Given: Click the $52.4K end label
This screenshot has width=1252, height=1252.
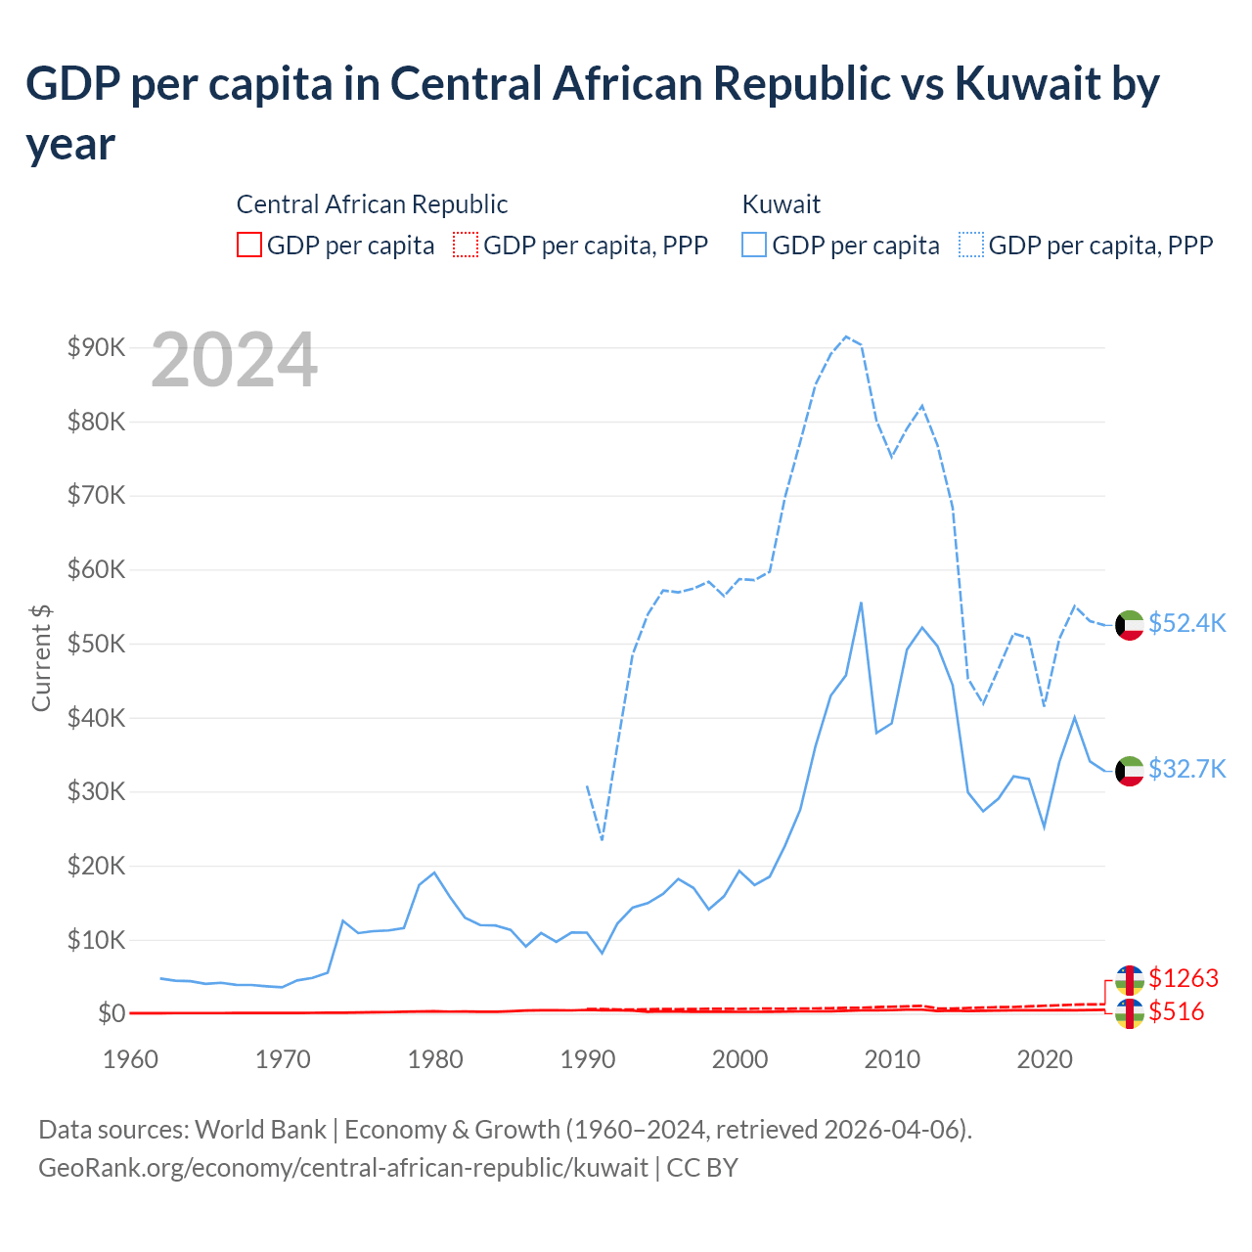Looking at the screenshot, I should point(1186,624).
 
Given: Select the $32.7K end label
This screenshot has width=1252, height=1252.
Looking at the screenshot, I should point(1186,769).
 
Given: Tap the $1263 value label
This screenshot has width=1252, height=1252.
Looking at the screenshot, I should point(1184,978).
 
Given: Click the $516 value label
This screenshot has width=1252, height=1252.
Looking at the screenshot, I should point(1176,1011).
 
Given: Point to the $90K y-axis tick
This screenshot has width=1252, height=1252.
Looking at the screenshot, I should point(96,347).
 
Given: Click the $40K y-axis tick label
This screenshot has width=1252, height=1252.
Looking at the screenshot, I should point(96,718).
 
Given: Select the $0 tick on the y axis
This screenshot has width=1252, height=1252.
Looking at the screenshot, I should point(111,1014).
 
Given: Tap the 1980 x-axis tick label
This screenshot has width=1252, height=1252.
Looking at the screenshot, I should point(435,1059).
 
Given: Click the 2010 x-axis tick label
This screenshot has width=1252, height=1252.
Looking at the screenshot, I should point(892,1059).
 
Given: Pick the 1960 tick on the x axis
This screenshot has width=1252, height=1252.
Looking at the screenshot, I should point(130,1059).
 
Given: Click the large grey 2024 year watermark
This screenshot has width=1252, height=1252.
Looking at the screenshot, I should point(234,361).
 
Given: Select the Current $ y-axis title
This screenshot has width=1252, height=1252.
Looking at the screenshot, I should point(41,657).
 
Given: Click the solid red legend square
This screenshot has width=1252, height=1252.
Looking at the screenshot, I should point(249,245).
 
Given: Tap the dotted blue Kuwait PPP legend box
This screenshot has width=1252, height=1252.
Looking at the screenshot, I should point(971,245).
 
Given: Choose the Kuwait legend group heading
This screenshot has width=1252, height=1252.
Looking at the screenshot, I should point(781,204).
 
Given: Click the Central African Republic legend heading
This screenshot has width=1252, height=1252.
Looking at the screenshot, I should point(372,204).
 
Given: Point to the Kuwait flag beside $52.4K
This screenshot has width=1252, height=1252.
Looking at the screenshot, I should point(1130,625).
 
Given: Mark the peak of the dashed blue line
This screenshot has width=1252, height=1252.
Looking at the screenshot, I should point(846,336).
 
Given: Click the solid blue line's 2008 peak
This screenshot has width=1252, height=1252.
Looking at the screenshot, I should point(861,603).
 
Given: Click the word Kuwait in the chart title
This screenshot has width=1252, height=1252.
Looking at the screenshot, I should point(1027,84).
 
